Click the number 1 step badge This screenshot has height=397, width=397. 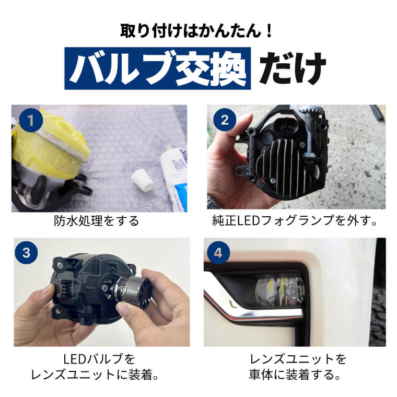coord(31,120)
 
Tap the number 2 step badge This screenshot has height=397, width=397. coord(225,120)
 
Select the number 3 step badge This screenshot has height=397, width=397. coord(26,253)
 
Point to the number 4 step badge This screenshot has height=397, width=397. coord(218,253)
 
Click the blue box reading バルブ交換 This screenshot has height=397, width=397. coord(157,68)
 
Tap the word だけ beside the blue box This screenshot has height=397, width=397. coord(293,68)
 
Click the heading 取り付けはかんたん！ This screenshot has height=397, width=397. coord(196,31)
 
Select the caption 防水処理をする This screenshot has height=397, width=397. coord(97,221)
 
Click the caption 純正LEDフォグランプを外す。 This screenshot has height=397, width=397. coord(295,220)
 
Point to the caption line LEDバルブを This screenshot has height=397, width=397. coord(99,359)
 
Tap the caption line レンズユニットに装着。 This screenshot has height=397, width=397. coord(95,375)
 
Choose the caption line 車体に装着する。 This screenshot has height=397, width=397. coord(295,375)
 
